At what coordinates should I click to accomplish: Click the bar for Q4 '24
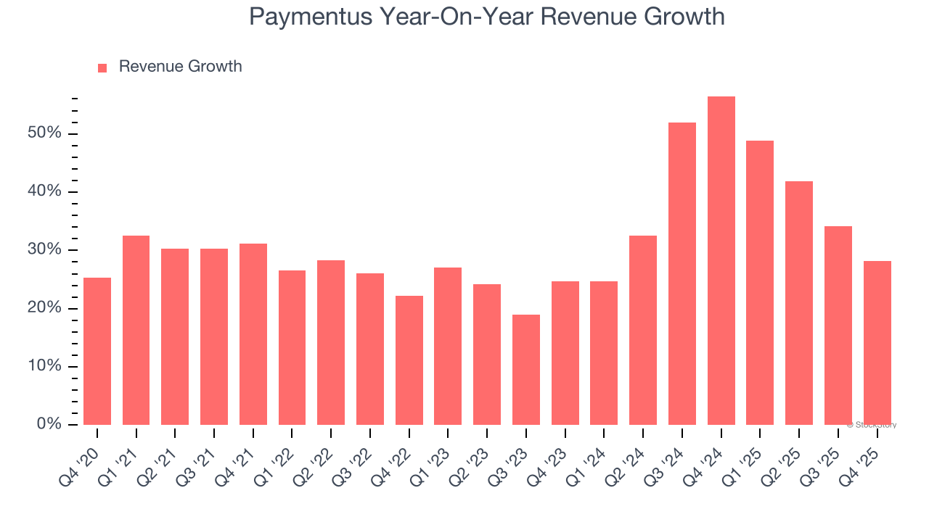[x=721, y=261]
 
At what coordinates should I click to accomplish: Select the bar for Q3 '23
[x=525, y=370]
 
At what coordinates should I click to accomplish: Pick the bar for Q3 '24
[x=682, y=274]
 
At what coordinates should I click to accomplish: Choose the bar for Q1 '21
[x=136, y=330]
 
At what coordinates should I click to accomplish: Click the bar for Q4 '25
[x=877, y=343]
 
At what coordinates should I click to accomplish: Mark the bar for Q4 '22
[x=409, y=360]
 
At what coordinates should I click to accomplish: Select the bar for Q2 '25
[x=799, y=303]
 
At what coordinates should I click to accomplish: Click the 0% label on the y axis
[x=49, y=424]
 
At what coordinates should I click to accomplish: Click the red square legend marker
[x=102, y=68]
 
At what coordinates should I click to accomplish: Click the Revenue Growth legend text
[x=180, y=67]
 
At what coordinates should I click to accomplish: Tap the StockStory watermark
[x=873, y=425]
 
